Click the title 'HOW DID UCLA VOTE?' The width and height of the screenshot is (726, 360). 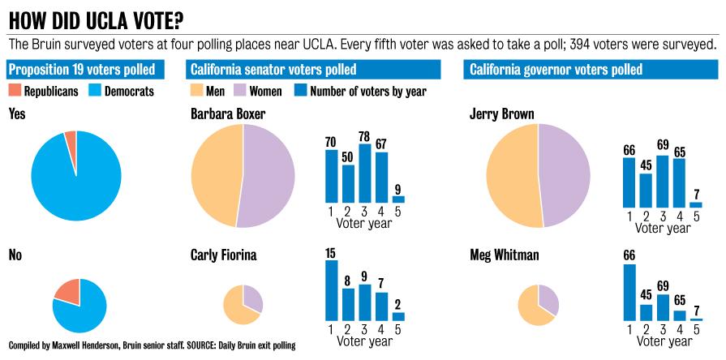(x=95, y=18)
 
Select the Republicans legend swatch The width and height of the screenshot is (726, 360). (x=15, y=91)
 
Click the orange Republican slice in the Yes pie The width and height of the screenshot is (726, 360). (x=71, y=146)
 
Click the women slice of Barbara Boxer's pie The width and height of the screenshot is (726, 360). (x=268, y=175)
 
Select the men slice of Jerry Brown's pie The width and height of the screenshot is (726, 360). (x=513, y=175)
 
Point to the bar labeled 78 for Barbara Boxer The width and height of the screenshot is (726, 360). (x=365, y=173)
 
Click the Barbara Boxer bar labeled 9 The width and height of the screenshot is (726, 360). (x=398, y=199)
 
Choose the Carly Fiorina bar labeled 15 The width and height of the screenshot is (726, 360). (x=332, y=290)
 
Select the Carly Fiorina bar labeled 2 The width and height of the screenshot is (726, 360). (x=398, y=316)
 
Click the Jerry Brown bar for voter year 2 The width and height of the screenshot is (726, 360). (x=646, y=190)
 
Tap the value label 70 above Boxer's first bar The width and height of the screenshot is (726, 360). (x=331, y=143)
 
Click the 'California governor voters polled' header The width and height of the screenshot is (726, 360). (x=556, y=70)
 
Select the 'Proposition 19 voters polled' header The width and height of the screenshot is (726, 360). (x=82, y=70)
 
